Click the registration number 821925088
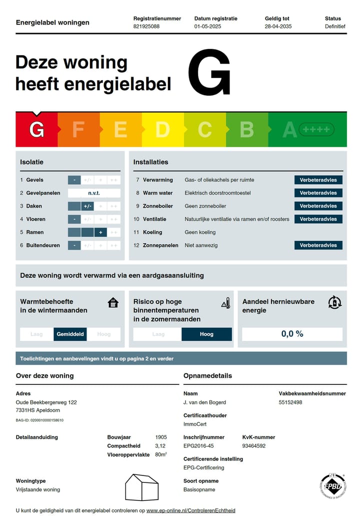(146, 26)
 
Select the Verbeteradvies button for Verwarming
(318, 180)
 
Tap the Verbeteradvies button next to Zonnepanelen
(318, 245)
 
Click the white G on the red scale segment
(36, 130)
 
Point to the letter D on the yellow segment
(162, 130)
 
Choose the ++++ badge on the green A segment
(316, 130)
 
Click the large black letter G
(209, 73)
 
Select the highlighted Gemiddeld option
(70, 334)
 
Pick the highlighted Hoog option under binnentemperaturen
(206, 334)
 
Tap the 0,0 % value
(292, 334)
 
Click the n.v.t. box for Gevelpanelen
(94, 193)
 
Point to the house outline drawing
(141, 487)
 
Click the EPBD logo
(332, 486)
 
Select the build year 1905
(161, 437)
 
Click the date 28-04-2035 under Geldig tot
(278, 26)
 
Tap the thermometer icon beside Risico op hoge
(225, 303)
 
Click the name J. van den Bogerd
(204, 402)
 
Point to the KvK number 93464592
(254, 446)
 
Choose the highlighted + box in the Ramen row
(100, 232)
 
